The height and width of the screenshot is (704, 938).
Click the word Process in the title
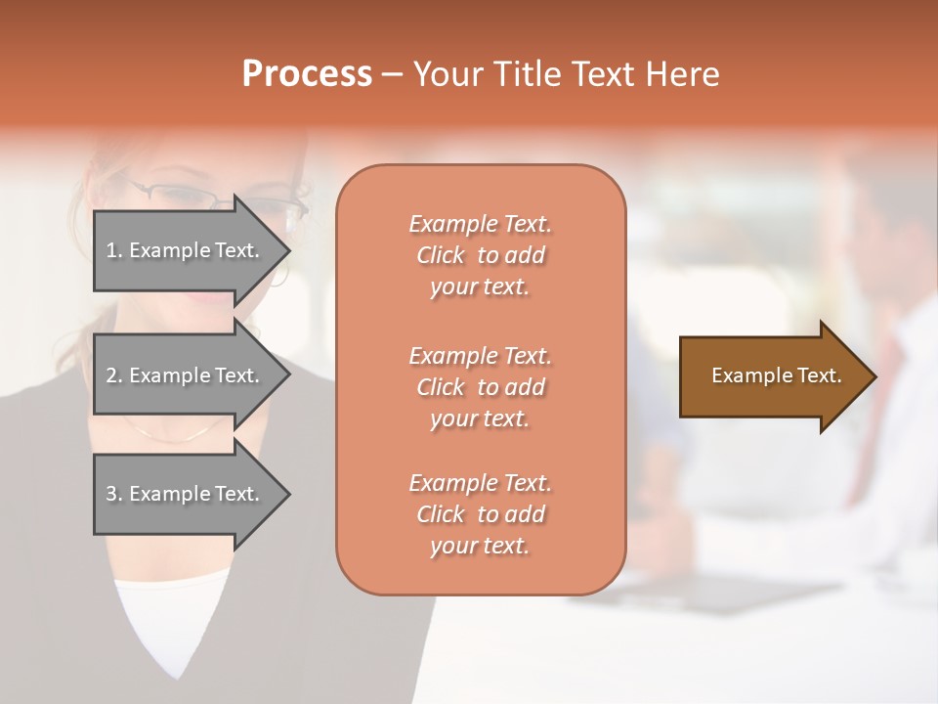tap(307, 74)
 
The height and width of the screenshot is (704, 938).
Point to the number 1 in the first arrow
tap(111, 250)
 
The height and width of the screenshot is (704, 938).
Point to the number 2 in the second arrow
tap(111, 375)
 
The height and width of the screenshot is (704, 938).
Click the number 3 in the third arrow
tap(111, 494)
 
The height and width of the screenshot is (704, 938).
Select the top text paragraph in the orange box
tap(480, 255)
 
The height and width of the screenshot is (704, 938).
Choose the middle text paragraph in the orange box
tap(480, 387)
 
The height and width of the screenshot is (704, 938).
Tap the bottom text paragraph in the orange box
tap(480, 514)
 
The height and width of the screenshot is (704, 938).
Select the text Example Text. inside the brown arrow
tap(776, 375)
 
